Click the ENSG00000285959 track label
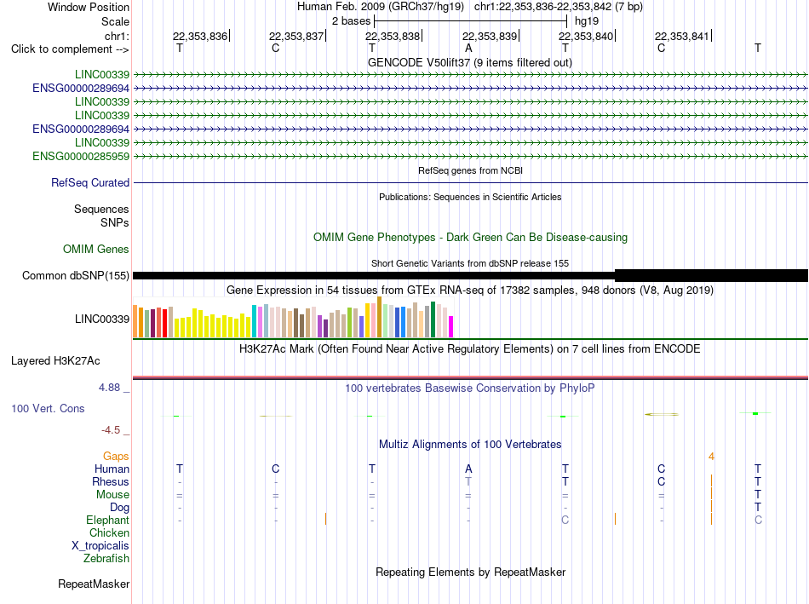[x=81, y=157]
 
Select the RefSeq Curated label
[x=90, y=183]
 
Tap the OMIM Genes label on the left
[x=96, y=250]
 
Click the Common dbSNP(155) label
[x=76, y=276]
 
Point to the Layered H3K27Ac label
[x=55, y=361]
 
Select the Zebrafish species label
[x=106, y=559]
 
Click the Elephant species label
[x=108, y=521]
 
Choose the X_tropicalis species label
[x=100, y=546]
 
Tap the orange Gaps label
[x=116, y=457]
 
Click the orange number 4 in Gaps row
[x=711, y=457]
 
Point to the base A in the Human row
[x=468, y=469]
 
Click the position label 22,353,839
[x=490, y=36]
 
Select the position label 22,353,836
[x=200, y=36]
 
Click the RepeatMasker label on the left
[x=94, y=584]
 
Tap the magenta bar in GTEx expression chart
[x=451, y=327]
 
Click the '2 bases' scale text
[x=352, y=21]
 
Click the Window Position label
[x=89, y=7]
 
